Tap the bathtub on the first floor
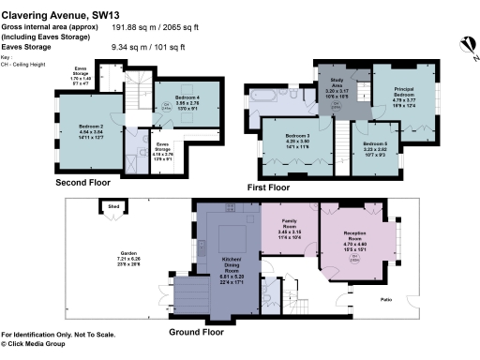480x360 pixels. point(262,96)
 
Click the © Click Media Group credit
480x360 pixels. point(40,344)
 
